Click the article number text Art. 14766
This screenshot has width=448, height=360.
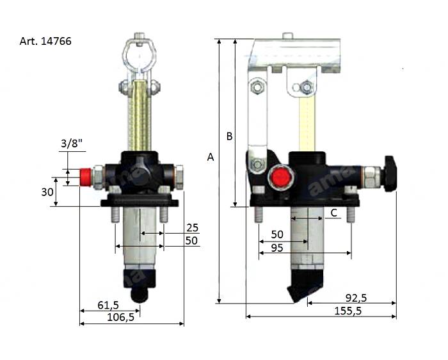pos(45,42)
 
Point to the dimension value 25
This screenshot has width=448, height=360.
pos(192,228)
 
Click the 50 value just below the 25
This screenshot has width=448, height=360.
pos(192,241)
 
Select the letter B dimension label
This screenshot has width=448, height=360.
pos(228,136)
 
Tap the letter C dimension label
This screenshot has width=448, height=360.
pos(333,212)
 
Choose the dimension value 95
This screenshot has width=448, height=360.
pos(278,248)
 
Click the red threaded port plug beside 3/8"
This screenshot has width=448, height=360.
pos(83,176)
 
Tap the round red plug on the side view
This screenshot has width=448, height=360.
pos(279,176)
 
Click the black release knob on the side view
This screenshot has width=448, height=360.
pos(390,174)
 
